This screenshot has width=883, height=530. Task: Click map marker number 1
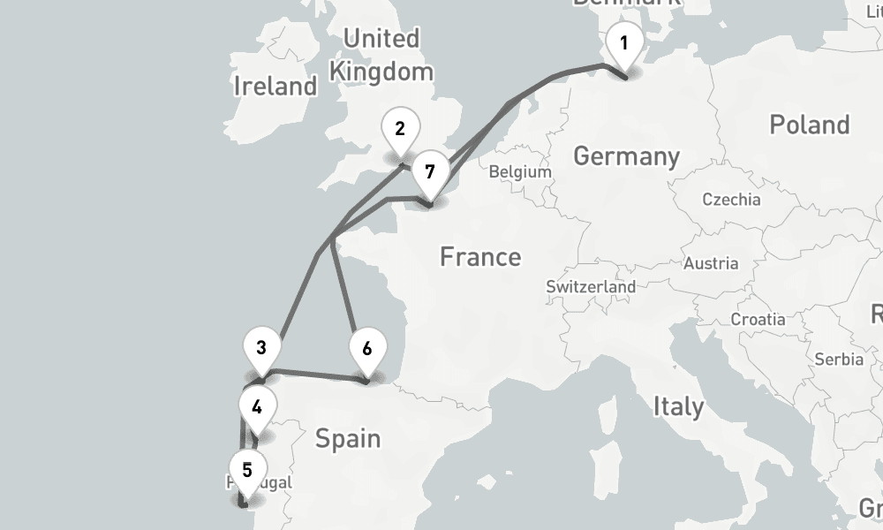[624, 43]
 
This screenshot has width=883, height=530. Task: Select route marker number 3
[261, 347]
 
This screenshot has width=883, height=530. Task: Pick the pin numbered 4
[256, 407]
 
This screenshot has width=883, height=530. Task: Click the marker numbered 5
[246, 469]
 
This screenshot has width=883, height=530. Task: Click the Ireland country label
[275, 86]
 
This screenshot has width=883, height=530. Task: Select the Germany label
[626, 156]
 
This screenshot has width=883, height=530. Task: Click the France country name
[479, 257]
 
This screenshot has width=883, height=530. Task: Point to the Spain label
[347, 438]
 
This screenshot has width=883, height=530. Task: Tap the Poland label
[809, 125]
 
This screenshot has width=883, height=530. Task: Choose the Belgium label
[519, 172]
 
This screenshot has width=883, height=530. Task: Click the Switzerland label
[591, 287]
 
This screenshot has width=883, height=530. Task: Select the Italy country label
[677, 406]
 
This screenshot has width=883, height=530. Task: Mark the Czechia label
[731, 200]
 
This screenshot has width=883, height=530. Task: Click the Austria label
[710, 263]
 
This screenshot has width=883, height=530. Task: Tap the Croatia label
[758, 319]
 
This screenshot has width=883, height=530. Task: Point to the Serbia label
[839, 360]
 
